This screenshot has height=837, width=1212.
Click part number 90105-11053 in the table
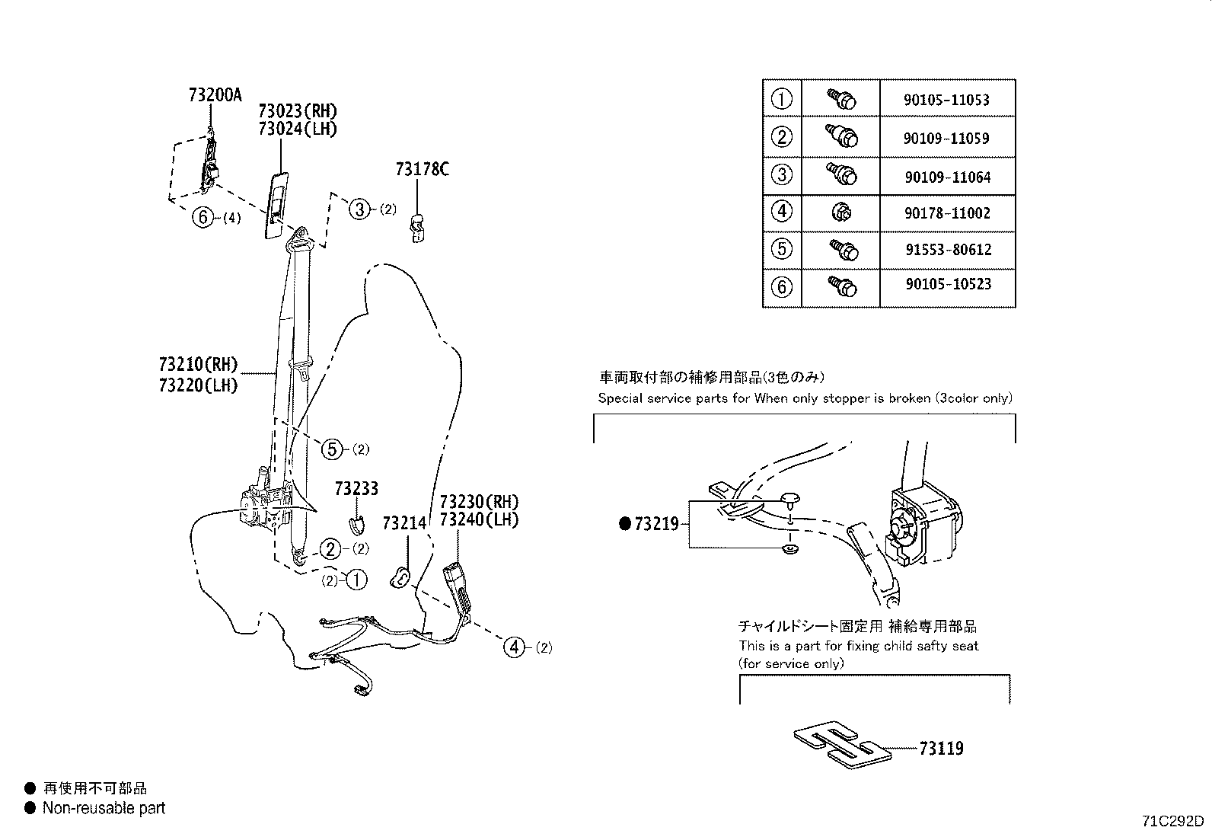point(947,100)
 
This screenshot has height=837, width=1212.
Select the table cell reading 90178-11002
point(947,213)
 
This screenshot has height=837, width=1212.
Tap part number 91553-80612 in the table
point(947,250)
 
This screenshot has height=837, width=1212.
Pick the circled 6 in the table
point(782,287)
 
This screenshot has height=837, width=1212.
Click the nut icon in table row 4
point(841,212)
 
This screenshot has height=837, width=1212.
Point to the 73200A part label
point(215,95)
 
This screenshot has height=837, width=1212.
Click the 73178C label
point(422,169)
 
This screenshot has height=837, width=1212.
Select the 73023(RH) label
point(297,111)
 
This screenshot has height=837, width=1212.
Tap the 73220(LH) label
point(199,385)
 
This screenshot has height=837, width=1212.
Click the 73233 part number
point(356,488)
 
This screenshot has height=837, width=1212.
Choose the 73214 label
point(404,523)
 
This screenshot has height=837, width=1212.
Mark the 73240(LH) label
point(479,520)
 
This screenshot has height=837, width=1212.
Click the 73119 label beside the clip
point(941,749)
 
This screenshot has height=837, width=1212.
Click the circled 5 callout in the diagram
point(332,449)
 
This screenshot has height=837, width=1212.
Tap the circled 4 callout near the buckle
point(515,647)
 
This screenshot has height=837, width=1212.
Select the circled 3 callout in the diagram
point(359,209)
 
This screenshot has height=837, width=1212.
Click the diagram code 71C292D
point(1172,822)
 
